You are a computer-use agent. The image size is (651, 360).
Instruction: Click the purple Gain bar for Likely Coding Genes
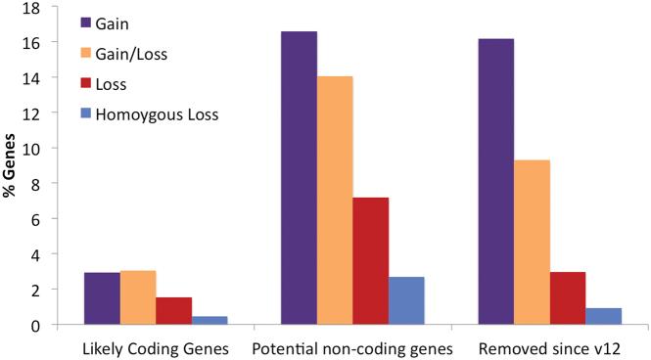pos(102,298)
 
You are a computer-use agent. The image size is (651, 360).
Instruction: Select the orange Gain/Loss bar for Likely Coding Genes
pos(137,297)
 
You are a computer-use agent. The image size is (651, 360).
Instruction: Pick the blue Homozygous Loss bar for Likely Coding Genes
pos(209,320)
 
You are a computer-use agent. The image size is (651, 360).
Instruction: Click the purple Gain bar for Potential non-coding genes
pos(299,178)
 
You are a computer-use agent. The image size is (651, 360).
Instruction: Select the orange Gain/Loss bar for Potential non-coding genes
pos(335,201)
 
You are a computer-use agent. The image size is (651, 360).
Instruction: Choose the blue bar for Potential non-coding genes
pos(406,300)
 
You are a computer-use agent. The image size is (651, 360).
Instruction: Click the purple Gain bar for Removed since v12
pos(495,182)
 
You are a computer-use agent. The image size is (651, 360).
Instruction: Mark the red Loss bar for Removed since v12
pos(567,297)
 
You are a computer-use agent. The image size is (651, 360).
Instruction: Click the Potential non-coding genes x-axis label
pos(352,347)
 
